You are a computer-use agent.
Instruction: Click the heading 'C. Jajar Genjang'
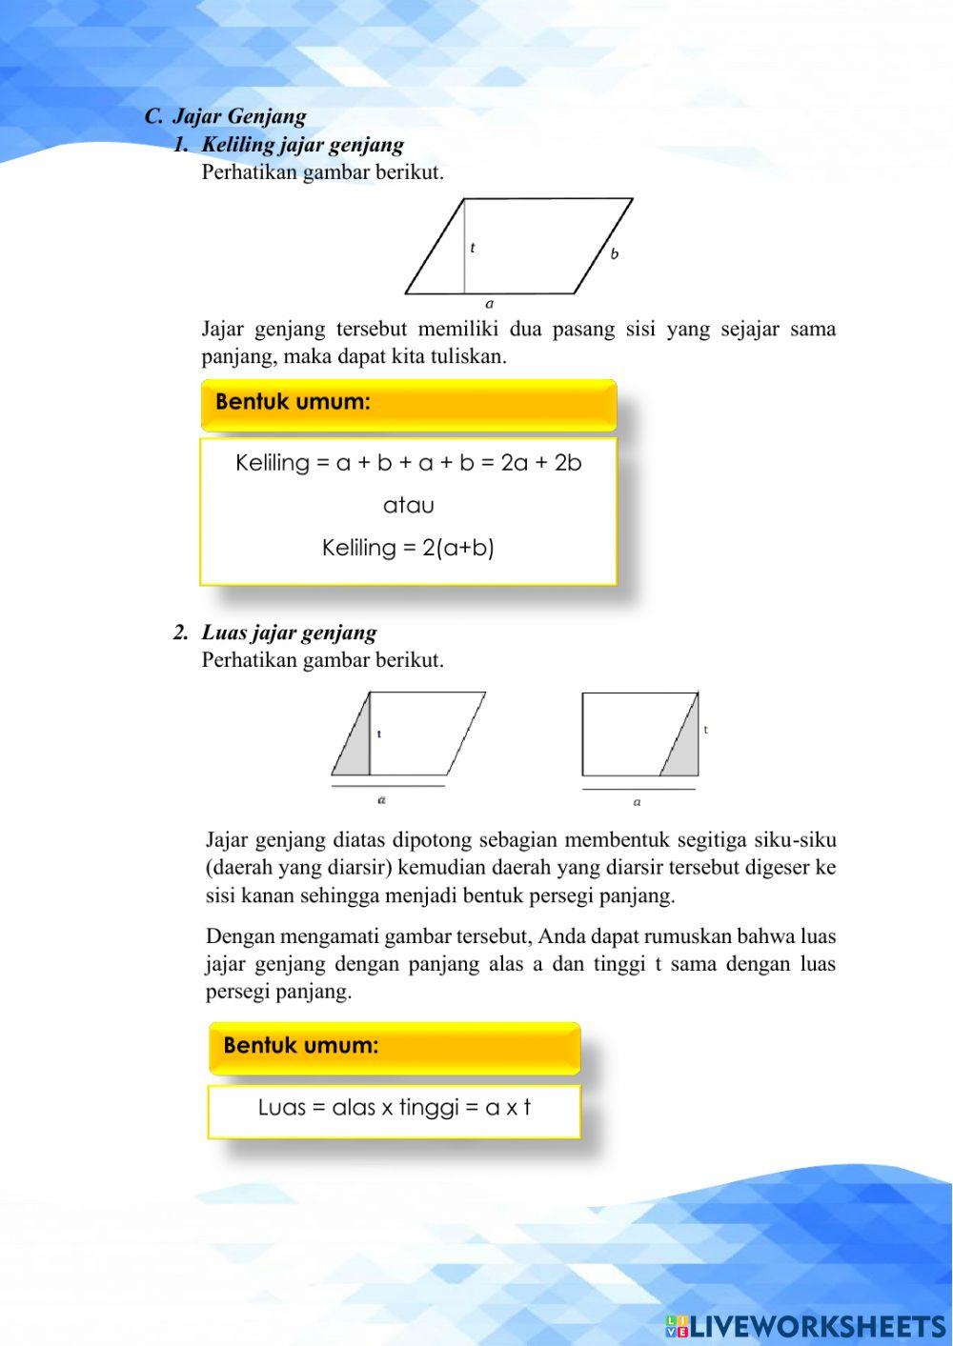[226, 116]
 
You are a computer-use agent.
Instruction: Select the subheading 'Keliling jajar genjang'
[302, 145]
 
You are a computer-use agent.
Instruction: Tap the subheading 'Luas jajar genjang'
[289, 633]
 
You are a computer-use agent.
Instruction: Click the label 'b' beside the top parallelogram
[615, 254]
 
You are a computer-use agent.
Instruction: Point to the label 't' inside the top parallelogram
[473, 248]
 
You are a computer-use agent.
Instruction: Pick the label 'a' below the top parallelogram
[490, 305]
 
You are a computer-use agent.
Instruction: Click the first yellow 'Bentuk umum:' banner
[408, 403]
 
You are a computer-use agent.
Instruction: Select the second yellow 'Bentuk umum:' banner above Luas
[394, 1046]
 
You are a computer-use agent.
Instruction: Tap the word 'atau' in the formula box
[408, 506]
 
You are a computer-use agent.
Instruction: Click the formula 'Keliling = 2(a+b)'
[408, 548]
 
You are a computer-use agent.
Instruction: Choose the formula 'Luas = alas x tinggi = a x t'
[394, 1108]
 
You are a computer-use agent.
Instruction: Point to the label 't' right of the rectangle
[706, 730]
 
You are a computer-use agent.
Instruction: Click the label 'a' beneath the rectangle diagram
[638, 802]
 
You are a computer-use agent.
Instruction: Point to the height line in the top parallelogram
[464, 246]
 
